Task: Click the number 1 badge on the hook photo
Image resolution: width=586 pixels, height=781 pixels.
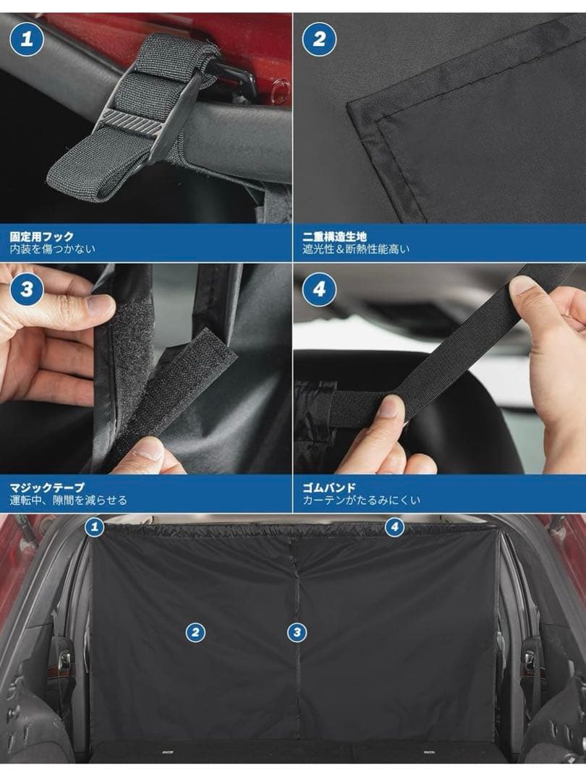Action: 27,39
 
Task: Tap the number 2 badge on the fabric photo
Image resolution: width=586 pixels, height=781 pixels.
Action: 320,39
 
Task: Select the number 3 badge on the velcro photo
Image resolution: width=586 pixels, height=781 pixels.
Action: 27,289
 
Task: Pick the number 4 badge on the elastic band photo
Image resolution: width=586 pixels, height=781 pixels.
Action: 320,289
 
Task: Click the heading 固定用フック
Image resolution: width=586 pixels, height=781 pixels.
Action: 42,236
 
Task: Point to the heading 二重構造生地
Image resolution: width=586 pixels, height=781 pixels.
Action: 334,236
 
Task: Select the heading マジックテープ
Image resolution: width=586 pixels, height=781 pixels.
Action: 47,487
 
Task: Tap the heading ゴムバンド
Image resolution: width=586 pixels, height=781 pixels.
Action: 329,487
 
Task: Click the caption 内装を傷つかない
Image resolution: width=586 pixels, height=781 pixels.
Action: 52,249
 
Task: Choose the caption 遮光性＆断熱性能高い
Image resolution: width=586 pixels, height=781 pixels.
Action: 356,249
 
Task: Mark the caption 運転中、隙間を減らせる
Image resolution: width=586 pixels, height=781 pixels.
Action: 68,500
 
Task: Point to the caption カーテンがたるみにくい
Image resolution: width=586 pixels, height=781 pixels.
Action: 361,500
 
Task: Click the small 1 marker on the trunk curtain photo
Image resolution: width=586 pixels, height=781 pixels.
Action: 94,527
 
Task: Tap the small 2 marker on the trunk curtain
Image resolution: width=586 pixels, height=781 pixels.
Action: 195,633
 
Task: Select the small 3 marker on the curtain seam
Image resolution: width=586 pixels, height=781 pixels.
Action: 297,633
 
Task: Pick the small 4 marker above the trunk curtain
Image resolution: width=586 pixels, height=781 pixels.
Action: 395,527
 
